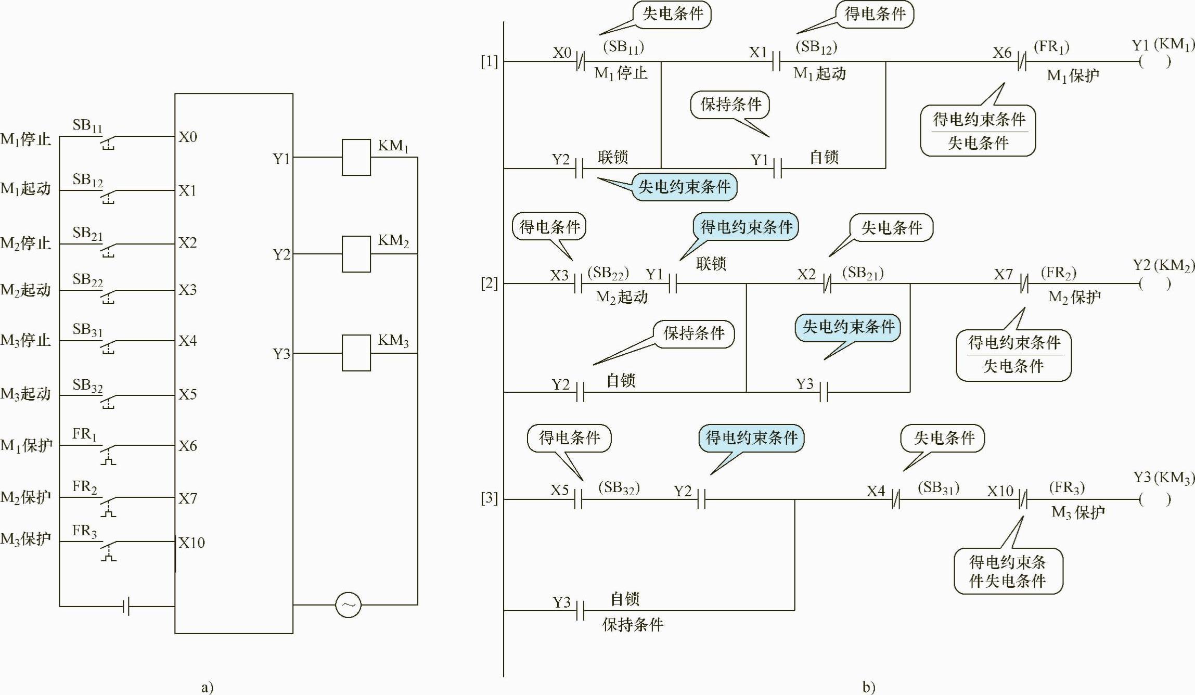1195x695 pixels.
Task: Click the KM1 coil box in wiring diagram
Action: click(356, 157)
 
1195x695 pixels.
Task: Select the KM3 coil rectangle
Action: click(356, 353)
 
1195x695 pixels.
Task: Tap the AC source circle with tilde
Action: click(348, 605)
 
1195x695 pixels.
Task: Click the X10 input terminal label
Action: click(191, 543)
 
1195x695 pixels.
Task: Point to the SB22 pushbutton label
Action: click(87, 280)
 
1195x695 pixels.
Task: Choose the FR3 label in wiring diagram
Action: click(84, 531)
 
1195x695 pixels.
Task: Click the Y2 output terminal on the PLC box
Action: click(281, 254)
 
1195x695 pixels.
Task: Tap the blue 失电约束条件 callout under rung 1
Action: click(684, 187)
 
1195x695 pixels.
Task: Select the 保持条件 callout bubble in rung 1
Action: click(730, 105)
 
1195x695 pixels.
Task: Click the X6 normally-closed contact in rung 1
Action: click(1022, 62)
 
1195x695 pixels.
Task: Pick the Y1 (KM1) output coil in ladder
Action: click(1154, 62)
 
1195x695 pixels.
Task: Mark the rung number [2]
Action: click(489, 284)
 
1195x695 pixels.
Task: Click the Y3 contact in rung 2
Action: click(824, 392)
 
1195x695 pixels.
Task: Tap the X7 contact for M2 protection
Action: click(1023, 284)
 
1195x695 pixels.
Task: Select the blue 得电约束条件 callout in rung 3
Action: click(751, 438)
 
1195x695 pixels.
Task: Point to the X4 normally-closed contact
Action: click(895, 500)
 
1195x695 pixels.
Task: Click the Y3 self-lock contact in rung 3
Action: click(580, 611)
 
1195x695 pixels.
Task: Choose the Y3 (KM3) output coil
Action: click(1154, 500)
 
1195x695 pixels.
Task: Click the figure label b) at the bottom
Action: click(868, 687)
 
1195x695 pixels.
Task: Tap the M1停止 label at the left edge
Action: click(26, 139)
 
